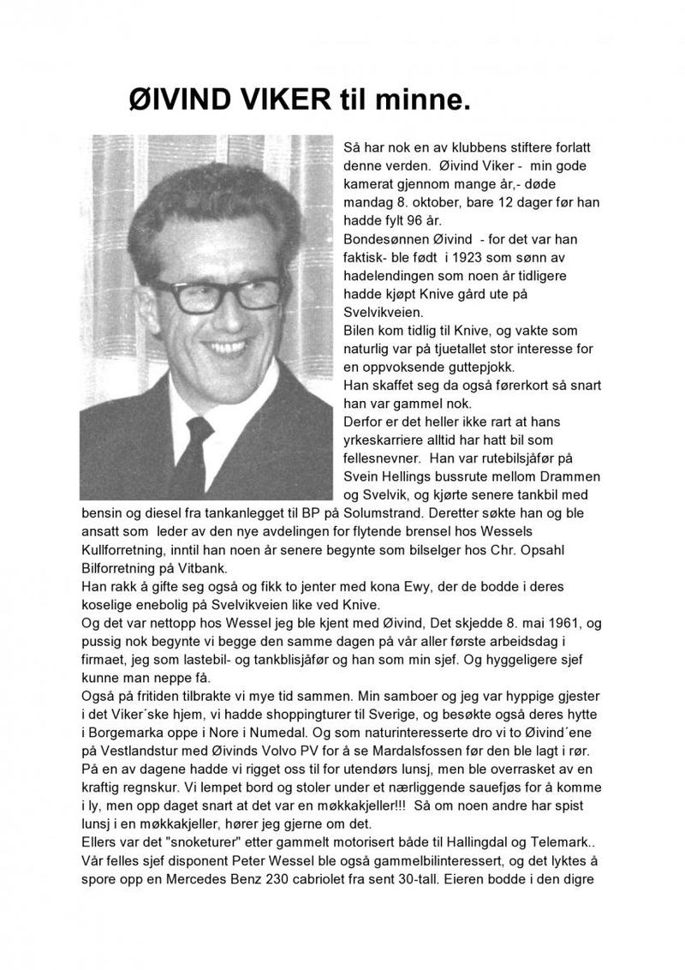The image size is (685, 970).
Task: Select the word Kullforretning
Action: tap(122, 552)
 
